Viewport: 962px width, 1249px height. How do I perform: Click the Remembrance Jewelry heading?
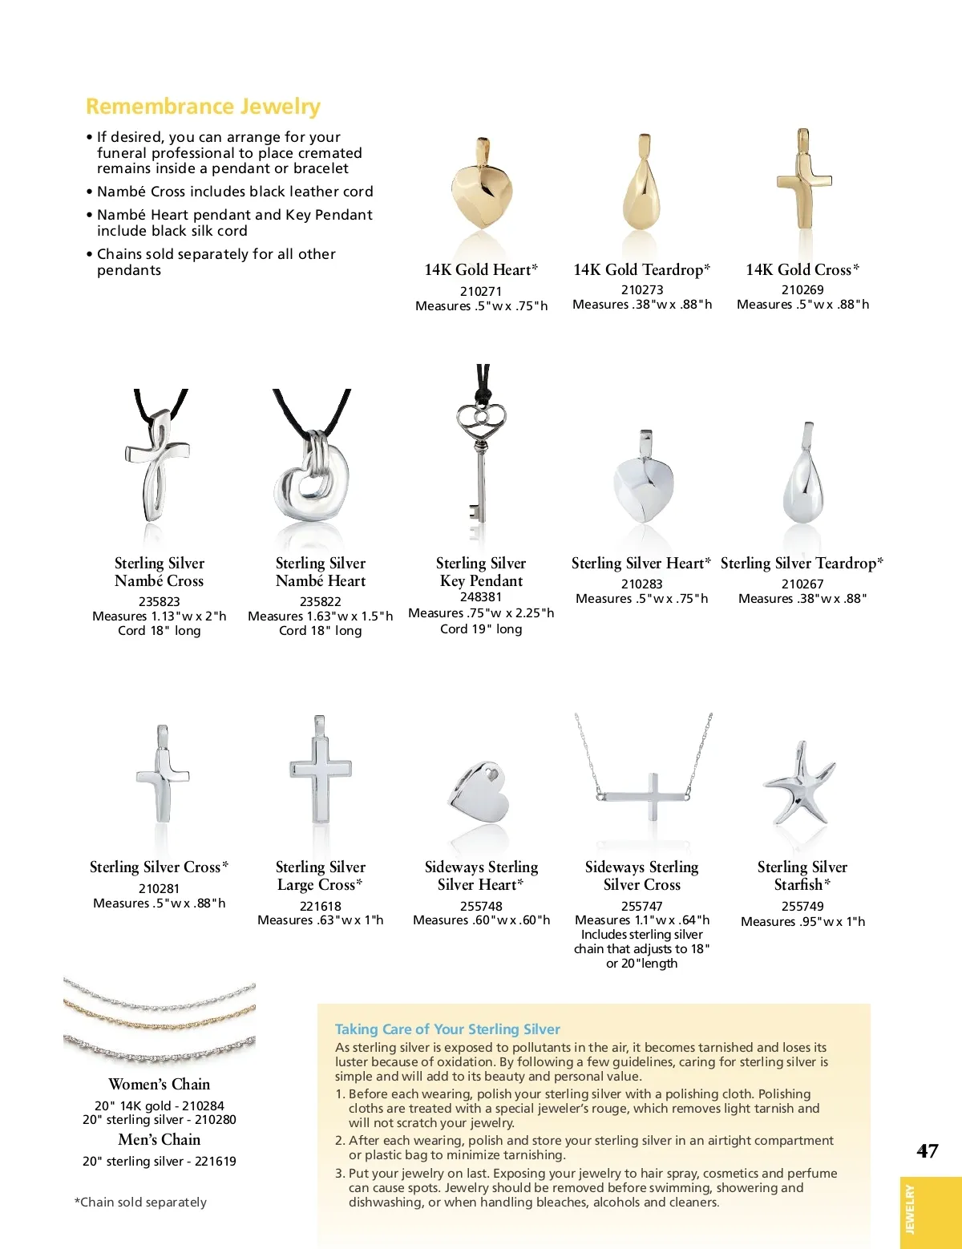point(203,107)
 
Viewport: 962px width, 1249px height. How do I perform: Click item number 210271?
point(481,291)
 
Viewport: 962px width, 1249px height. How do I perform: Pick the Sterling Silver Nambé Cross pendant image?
point(158,465)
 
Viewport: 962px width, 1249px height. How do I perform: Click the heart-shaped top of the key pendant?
point(481,419)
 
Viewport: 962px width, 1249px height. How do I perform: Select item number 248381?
point(481,597)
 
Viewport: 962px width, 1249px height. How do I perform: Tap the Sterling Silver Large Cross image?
point(321,774)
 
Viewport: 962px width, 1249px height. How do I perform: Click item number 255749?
point(802,907)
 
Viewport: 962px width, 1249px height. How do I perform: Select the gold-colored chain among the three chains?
point(160,1021)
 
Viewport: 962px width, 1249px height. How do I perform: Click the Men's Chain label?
point(160,1140)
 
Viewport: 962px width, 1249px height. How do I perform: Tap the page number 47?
point(928,1151)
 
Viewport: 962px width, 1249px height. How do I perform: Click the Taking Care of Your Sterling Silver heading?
point(447,1029)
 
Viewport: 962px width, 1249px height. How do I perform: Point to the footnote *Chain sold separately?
point(140,1203)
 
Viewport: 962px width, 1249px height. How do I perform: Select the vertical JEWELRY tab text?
point(909,1210)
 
